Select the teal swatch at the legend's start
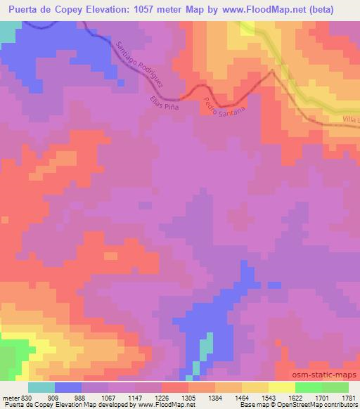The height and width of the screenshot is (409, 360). point(41,387)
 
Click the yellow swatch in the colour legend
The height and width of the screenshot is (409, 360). point(281,387)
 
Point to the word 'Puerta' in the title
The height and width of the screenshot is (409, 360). point(26,10)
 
